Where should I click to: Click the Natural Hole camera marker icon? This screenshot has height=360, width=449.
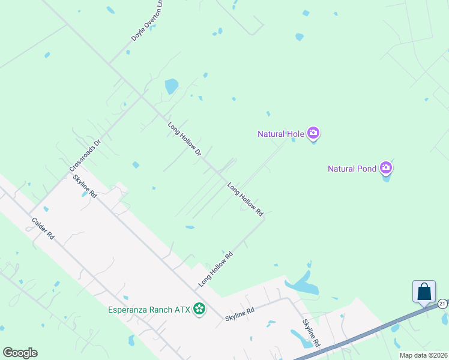(x=313, y=133)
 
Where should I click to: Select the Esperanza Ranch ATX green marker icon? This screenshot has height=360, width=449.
(x=199, y=310)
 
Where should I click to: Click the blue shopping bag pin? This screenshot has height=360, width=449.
(x=424, y=292)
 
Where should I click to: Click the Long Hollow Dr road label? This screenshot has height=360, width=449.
(x=184, y=139)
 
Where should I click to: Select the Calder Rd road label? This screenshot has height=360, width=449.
(x=43, y=228)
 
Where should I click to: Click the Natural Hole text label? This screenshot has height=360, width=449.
(x=280, y=134)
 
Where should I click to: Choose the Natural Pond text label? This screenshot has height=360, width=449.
(x=352, y=169)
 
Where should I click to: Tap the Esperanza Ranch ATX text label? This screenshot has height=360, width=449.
(x=150, y=310)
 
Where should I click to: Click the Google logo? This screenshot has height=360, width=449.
(x=20, y=353)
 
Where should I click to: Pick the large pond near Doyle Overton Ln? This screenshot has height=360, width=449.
(x=172, y=86)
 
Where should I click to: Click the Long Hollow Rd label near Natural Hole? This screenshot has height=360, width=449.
(x=246, y=200)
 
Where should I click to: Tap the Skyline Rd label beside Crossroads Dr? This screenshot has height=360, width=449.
(x=85, y=187)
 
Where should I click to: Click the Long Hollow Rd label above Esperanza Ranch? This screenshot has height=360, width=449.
(x=215, y=271)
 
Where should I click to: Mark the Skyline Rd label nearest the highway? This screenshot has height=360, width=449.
(x=311, y=334)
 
